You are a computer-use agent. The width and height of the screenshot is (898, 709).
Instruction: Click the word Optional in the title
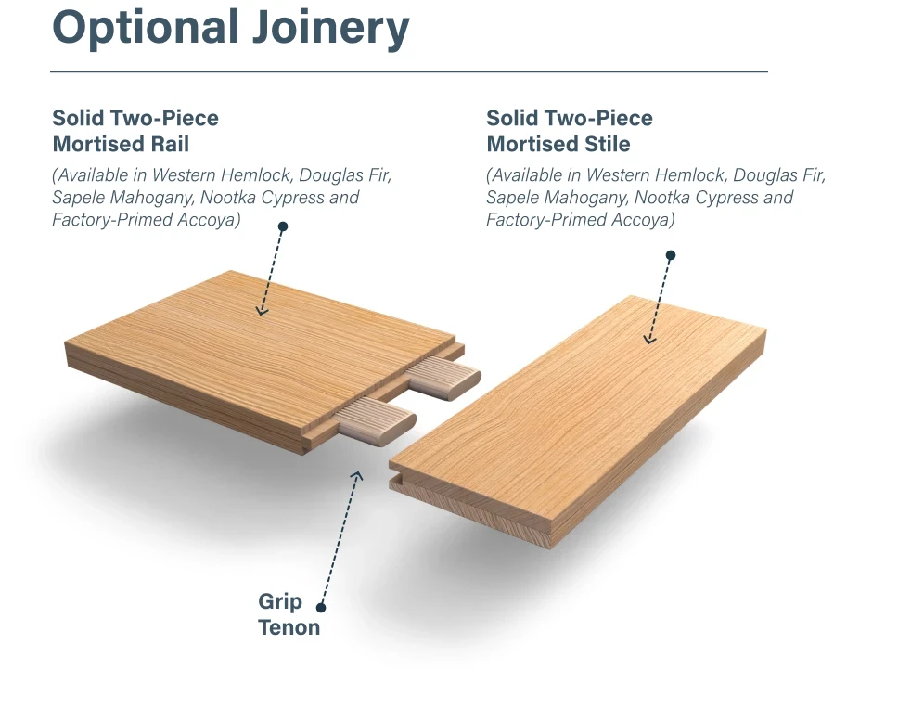(146, 28)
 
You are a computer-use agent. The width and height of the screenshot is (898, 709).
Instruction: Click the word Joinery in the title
(331, 28)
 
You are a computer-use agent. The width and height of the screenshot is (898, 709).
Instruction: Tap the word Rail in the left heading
(170, 144)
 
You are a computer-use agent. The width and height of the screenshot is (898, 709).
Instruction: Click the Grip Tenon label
(289, 614)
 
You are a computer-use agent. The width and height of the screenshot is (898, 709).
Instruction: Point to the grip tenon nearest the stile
(375, 421)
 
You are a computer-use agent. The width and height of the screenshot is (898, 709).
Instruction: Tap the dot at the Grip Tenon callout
(321, 608)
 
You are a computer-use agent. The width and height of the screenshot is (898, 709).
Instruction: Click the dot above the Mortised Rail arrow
(282, 226)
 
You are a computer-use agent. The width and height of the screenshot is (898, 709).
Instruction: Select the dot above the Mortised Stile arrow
(671, 255)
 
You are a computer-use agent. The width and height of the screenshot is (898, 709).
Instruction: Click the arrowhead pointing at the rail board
(262, 312)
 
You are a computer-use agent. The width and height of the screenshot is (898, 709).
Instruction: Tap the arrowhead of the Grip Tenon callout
(357, 475)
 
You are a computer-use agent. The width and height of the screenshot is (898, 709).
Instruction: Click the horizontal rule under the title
(409, 71)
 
